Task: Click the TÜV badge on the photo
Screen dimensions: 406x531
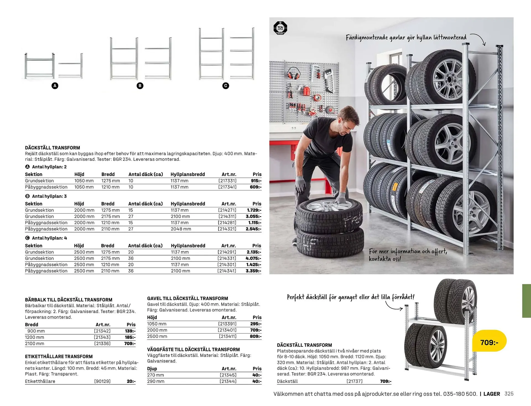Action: pos(280,28)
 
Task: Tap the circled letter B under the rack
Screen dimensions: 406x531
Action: pos(140,86)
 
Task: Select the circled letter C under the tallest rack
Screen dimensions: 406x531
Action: pos(226,86)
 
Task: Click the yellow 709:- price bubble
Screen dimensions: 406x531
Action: pos(489,342)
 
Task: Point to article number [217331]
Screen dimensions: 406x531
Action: pos(227,181)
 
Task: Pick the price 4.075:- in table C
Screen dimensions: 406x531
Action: pos(253,258)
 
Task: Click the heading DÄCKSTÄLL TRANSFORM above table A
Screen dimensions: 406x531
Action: pos(53,148)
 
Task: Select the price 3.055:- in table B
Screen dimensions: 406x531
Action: pos(253,216)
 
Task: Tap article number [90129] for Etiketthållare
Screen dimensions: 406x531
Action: pos(102,381)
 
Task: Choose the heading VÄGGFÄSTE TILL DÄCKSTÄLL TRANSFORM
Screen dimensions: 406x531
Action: pos(193,350)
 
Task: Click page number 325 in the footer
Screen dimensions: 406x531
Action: pos(509,394)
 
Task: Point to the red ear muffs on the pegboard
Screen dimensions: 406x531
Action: pos(293,73)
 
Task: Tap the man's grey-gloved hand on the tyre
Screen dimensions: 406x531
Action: pos(341,198)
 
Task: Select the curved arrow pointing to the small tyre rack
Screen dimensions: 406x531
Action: pos(394,306)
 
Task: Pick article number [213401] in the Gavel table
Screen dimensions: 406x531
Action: pos(227,330)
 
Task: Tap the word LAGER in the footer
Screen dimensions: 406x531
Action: pos(491,394)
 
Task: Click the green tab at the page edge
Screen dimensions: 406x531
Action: pos(526,301)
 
